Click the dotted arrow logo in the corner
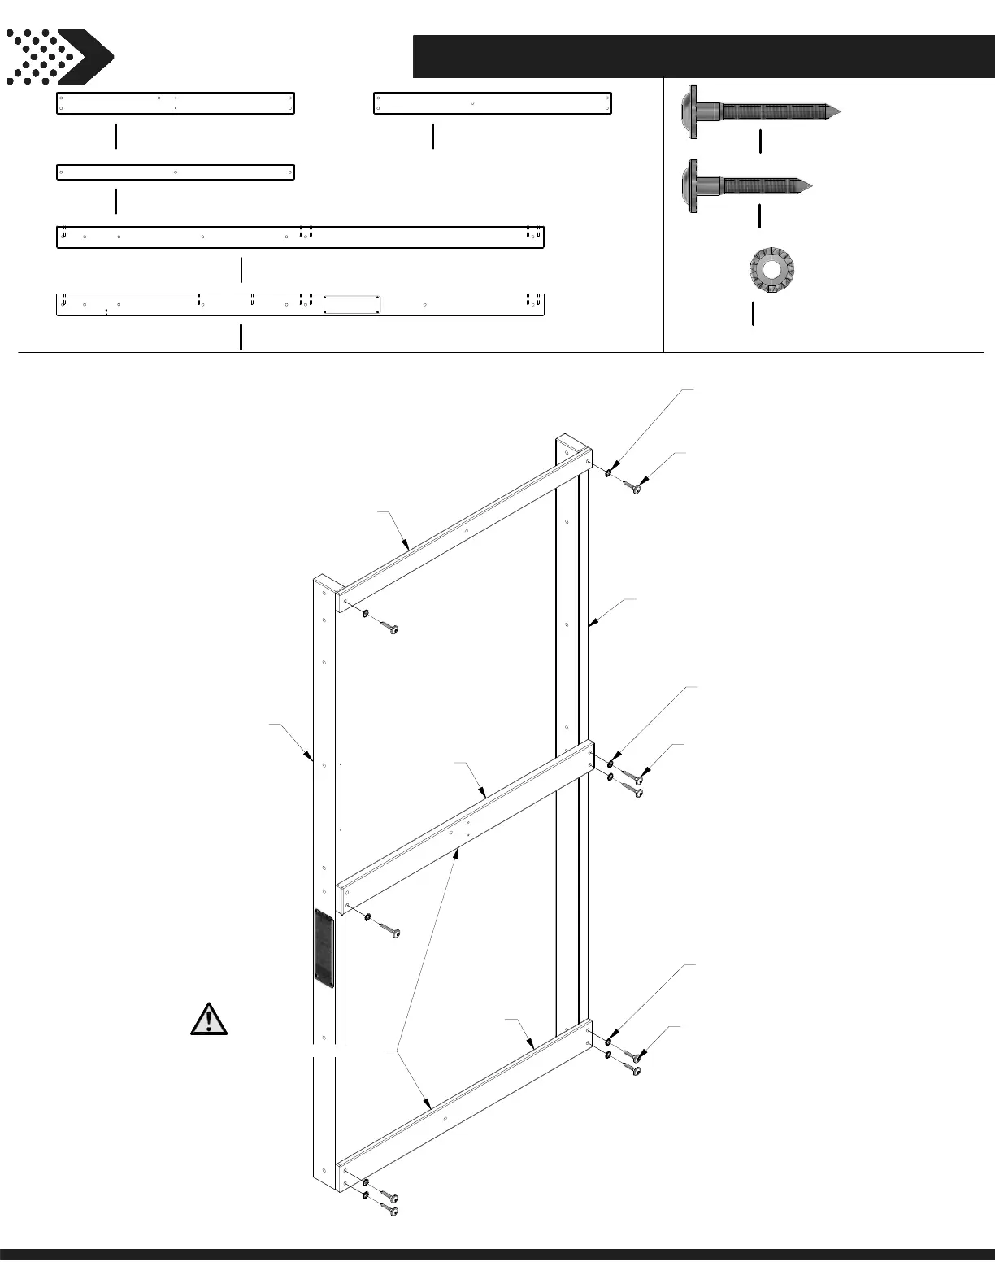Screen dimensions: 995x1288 59,57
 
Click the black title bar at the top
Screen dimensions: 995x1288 702,56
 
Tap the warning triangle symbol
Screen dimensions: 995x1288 209,1020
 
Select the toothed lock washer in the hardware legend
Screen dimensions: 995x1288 770,269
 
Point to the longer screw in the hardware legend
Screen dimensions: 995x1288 759,111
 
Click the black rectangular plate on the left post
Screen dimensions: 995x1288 324,947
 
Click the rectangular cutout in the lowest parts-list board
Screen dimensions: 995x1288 352,305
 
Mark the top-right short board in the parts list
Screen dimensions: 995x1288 492,103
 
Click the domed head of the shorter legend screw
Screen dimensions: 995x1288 693,186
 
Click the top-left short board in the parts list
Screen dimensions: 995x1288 175,103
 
